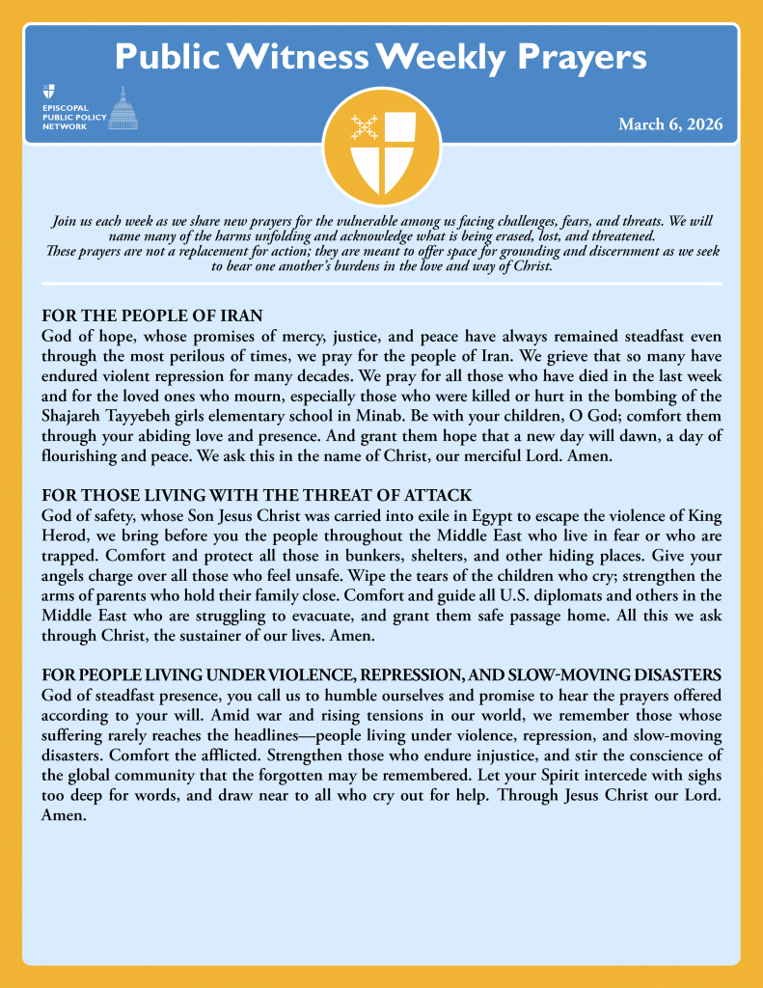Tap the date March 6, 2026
[x=670, y=125]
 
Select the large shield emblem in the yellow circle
[x=381, y=149]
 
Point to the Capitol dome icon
[x=123, y=108]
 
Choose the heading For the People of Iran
[x=152, y=317]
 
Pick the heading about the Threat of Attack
[x=257, y=496]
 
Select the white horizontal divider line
[x=381, y=284]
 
